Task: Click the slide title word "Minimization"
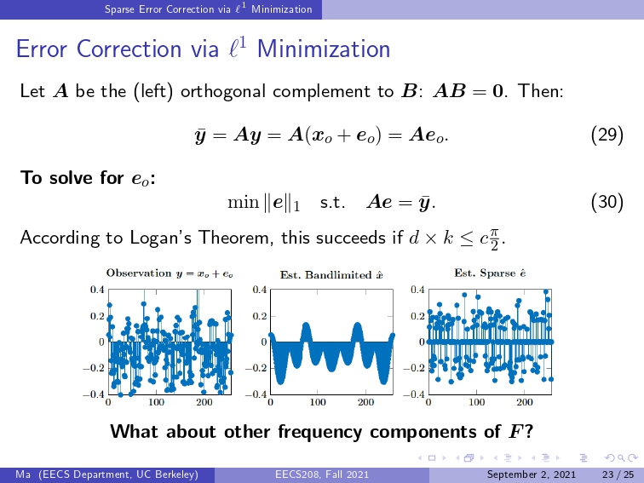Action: click(x=323, y=49)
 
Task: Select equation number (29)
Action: click(x=607, y=135)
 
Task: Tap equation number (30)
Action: click(x=607, y=202)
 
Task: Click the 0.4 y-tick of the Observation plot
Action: click(x=97, y=290)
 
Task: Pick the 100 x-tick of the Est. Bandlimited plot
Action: click(x=317, y=402)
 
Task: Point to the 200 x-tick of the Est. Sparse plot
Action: click(x=526, y=402)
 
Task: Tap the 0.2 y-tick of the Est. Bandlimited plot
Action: click(x=259, y=316)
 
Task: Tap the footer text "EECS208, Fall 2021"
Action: click(x=322, y=474)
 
